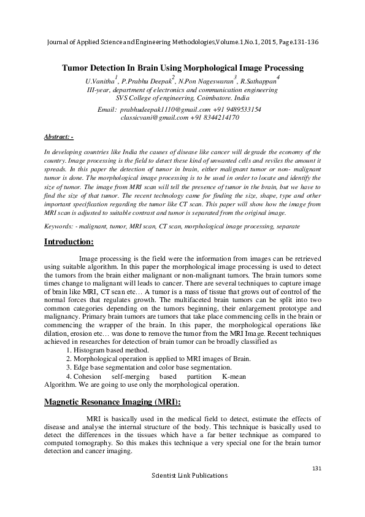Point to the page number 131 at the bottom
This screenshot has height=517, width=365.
pos(317,469)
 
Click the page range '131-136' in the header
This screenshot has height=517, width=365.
pos(304,42)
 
